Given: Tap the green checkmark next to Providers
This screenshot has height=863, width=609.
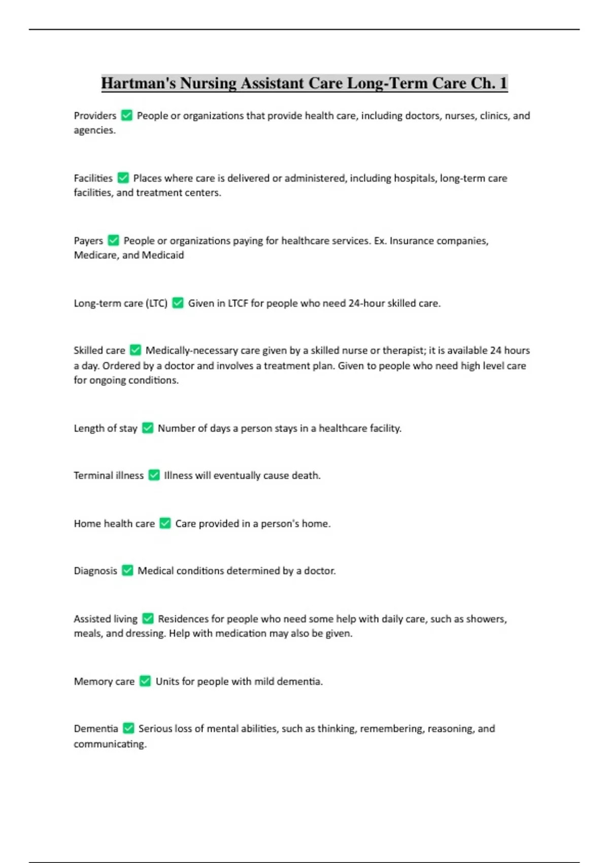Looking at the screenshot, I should (127, 116).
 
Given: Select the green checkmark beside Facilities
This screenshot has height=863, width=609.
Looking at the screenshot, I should (123, 178).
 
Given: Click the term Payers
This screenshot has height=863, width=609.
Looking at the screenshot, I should (88, 241).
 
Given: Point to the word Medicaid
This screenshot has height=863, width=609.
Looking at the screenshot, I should (163, 255).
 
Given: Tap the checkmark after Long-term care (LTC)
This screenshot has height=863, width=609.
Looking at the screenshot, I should (178, 303).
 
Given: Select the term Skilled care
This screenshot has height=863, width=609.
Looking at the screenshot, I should (99, 350).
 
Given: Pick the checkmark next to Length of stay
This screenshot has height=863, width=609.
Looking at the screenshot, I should (148, 428).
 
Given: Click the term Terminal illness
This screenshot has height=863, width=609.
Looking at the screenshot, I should (109, 476).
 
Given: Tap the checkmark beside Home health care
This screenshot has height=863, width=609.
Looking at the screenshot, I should (165, 523).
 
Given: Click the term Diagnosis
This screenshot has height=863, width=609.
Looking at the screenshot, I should (95, 571).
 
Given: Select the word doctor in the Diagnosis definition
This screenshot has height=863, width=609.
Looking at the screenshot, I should (319, 571).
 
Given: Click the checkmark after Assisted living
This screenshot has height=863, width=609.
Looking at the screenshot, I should (148, 618).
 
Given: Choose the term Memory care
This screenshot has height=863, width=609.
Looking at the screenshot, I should (104, 681).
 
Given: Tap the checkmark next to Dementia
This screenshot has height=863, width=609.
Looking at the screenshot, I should (128, 728).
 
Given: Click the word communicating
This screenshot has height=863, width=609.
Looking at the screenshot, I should (110, 744).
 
